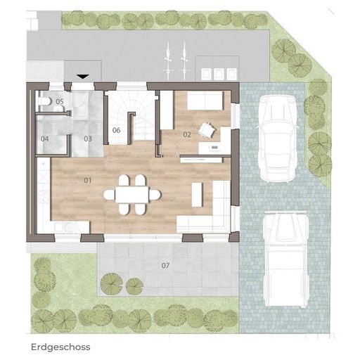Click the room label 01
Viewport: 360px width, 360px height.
[x=87, y=181]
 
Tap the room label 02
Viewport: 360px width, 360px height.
[x=187, y=134]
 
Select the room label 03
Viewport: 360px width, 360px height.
[x=88, y=139]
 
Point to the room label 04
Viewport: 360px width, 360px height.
[x=44, y=139]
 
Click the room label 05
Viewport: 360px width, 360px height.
[x=60, y=101]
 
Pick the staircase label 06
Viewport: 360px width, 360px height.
[x=116, y=130]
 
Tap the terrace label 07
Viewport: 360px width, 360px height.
[x=165, y=265]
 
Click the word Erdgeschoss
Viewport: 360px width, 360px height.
[x=60, y=347]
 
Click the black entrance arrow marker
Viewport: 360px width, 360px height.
[x=83, y=77]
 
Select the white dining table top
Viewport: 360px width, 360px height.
[x=131, y=194]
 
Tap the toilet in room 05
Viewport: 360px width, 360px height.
[x=45, y=101]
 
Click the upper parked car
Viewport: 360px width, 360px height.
[x=278, y=139]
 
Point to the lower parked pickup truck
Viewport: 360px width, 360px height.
[x=285, y=259]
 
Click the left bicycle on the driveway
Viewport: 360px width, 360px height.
[x=168, y=61]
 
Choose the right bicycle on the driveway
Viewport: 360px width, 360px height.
[x=184, y=61]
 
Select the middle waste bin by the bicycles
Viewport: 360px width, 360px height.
[x=219, y=74]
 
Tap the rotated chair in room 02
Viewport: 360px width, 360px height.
[x=207, y=130]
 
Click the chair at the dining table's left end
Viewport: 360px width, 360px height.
[x=110, y=195]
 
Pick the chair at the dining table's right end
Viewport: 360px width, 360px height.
[x=155, y=195]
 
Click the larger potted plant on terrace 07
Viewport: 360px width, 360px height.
[x=112, y=283]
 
